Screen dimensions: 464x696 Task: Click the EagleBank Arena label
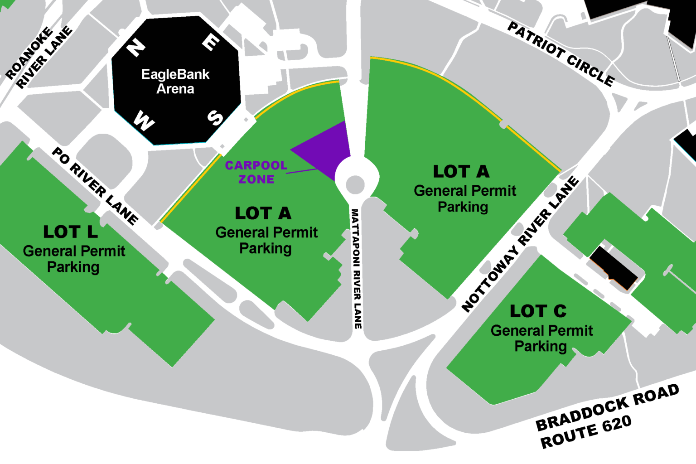point(175,81)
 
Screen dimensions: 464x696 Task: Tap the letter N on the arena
point(135,47)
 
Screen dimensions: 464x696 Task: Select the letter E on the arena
point(211,43)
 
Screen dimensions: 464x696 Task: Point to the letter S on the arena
point(215,118)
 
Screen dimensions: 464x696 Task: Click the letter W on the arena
point(144,121)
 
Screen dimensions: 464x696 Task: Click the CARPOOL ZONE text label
point(256,172)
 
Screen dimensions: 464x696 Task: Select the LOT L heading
point(70,232)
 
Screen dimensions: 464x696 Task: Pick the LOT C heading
point(538,311)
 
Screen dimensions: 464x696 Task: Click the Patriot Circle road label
point(561,53)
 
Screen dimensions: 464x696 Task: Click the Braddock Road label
point(607,407)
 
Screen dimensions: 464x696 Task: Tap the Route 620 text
point(586,432)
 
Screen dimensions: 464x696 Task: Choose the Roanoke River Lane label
point(39,57)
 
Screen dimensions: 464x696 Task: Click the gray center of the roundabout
point(355,184)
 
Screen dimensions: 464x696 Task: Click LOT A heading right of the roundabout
point(461,172)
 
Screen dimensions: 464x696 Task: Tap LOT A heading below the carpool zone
point(263,213)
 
